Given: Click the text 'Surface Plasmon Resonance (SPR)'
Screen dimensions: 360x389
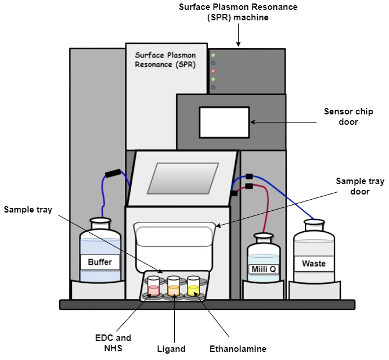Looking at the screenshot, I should pyautogui.click(x=165, y=60).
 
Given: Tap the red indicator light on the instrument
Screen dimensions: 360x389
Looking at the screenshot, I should pyautogui.click(x=213, y=71).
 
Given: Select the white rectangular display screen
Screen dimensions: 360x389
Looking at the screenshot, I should pyautogui.click(x=224, y=122).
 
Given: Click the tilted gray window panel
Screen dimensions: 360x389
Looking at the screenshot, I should pyautogui.click(x=182, y=178).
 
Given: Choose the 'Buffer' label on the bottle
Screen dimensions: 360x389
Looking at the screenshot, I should pyautogui.click(x=100, y=262).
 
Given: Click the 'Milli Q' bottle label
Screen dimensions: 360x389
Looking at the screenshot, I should pyautogui.click(x=264, y=269).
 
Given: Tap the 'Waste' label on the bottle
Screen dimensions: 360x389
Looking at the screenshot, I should pyautogui.click(x=314, y=263).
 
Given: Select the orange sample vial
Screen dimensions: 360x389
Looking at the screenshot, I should pyautogui.click(x=174, y=286).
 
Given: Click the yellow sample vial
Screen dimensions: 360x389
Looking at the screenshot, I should pyautogui.click(x=193, y=286).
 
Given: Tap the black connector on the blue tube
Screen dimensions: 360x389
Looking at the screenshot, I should pyautogui.click(x=249, y=177).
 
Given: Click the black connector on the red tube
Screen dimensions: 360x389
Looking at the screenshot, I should pyautogui.click(x=249, y=186).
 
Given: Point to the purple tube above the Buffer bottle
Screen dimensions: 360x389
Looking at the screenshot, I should pyautogui.click(x=103, y=197).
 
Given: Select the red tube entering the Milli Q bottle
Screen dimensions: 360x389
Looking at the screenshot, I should pyautogui.click(x=267, y=215).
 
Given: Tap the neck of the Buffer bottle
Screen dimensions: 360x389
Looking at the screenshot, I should pyautogui.click(x=100, y=224).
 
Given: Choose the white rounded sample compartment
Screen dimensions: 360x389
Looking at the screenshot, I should pyautogui.click(x=174, y=238).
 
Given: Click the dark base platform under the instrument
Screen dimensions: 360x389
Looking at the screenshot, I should pyautogui.click(x=207, y=304).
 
